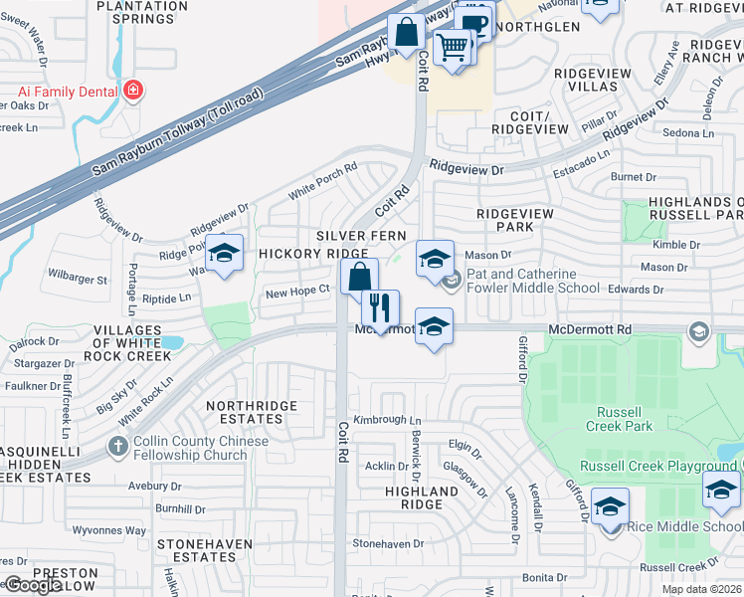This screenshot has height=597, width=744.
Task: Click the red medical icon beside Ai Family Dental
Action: click(x=132, y=92)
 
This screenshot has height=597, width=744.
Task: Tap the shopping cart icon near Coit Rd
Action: click(x=453, y=45)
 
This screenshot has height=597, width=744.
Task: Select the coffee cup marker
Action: click(x=474, y=21)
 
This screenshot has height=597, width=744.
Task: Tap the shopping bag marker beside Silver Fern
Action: click(x=359, y=277)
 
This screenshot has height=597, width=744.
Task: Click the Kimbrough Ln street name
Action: click(x=388, y=421)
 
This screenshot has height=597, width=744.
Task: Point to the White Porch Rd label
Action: click(x=322, y=179)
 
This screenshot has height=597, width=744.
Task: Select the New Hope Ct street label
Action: click(x=296, y=292)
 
